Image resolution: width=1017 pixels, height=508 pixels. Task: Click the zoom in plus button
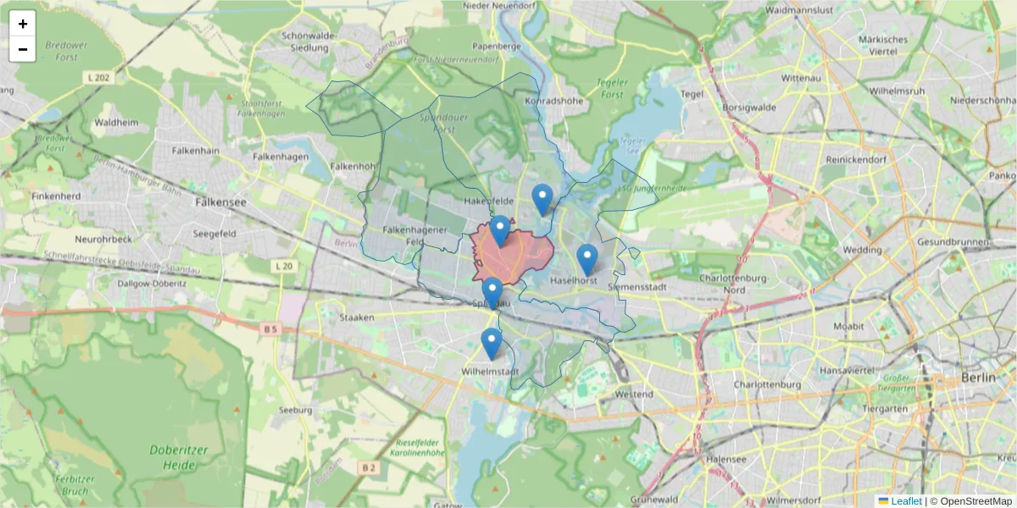[x=23, y=24]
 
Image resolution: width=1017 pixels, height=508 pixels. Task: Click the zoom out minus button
[x=23, y=49]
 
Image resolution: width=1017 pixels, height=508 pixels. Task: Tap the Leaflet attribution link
[x=906, y=501]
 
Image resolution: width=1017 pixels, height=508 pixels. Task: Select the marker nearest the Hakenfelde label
[x=542, y=200]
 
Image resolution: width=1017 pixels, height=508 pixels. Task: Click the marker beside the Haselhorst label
[x=586, y=260]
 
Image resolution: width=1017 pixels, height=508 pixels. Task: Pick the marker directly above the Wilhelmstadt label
[x=492, y=344]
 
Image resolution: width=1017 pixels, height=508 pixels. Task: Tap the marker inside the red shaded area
[x=500, y=230]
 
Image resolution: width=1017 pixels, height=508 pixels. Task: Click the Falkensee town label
[x=220, y=203]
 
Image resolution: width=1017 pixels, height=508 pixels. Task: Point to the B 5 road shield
[x=270, y=328]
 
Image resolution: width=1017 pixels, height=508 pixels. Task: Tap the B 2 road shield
[x=368, y=467]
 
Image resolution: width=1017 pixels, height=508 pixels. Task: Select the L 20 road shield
[x=284, y=266]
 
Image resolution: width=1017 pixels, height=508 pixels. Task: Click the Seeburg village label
[x=296, y=410]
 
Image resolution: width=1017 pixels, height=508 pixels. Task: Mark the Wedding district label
[x=862, y=250]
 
